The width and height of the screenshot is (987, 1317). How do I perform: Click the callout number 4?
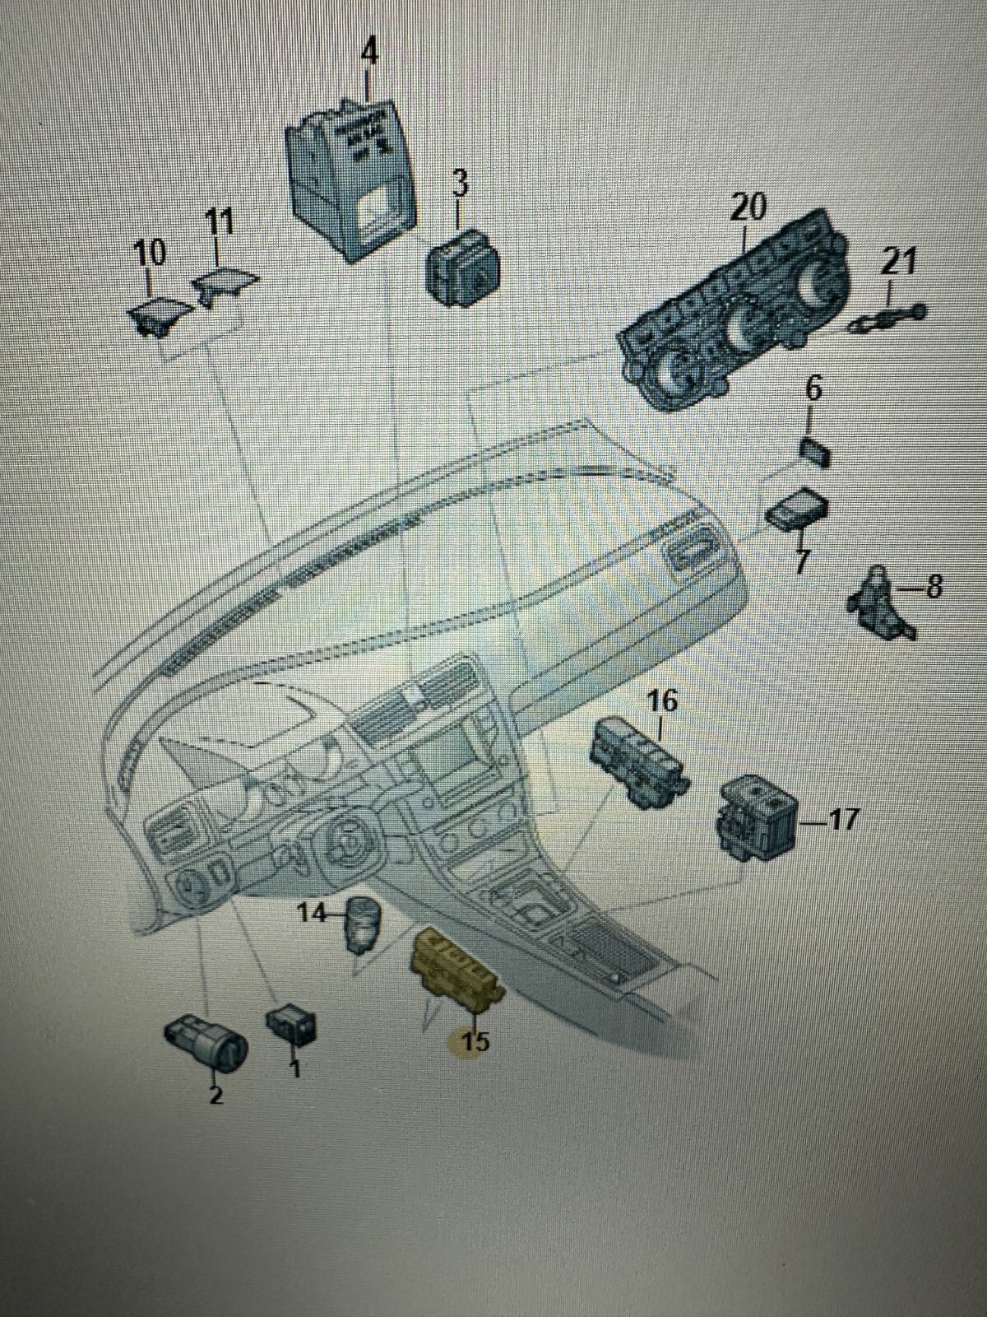370,54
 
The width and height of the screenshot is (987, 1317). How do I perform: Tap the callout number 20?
748,207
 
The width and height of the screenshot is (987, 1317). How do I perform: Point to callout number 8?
934,588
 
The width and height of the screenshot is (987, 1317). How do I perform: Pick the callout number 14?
312,913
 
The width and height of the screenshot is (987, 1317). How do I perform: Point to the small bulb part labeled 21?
888,317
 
